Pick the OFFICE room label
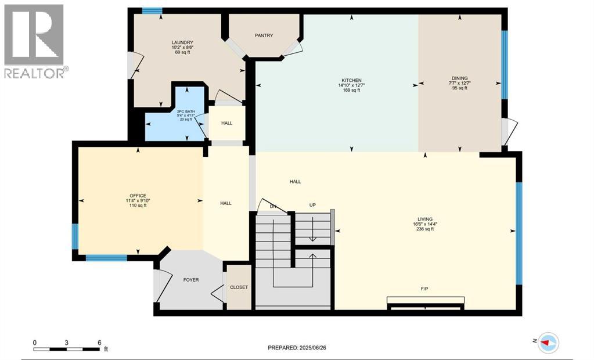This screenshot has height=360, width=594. point(138,196)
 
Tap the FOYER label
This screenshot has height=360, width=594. point(190,280)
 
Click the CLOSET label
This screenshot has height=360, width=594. point(239,287)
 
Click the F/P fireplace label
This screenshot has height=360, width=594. point(424,288)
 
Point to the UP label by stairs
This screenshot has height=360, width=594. point(312,206)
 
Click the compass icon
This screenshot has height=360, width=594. point(547,343)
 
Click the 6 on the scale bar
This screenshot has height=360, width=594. point(99,343)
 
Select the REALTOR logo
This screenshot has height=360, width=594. point(34,41)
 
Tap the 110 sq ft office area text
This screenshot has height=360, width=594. point(138,206)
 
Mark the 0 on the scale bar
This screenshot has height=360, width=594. point(35,343)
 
